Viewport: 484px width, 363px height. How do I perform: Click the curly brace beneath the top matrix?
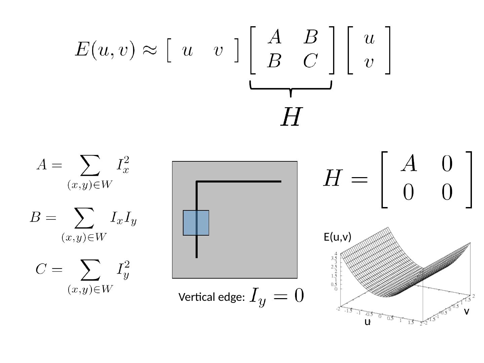[x=291, y=88]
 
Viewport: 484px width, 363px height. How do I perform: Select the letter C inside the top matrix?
[x=310, y=61]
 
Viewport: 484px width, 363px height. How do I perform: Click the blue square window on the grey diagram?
[x=196, y=223]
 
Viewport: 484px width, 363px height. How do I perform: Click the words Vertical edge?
[x=211, y=297]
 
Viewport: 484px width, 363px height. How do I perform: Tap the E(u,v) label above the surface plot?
[x=337, y=237]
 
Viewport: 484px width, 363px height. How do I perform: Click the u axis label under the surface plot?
[x=367, y=322]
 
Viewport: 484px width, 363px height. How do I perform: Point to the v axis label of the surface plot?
[x=466, y=312]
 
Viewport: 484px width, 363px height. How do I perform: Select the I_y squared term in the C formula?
[x=123, y=270]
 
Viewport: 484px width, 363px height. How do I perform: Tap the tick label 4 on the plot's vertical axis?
[x=335, y=254]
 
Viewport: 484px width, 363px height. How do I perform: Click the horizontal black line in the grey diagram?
[x=239, y=182]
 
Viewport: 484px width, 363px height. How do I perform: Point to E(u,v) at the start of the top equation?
[x=105, y=50]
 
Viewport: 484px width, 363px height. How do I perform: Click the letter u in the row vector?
[x=187, y=51]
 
